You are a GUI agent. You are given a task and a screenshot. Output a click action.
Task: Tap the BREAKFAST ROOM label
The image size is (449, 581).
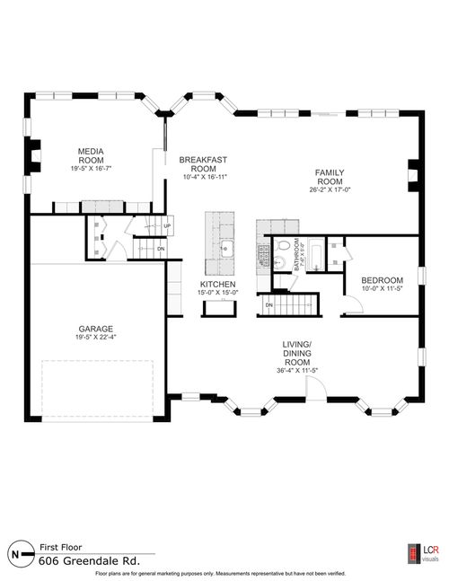(198, 164)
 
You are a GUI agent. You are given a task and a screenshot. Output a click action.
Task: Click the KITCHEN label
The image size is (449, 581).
(216, 286)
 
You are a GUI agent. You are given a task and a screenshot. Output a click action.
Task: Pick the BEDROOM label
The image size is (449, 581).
(383, 279)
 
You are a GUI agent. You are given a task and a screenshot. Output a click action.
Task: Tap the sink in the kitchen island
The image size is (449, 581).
(225, 249)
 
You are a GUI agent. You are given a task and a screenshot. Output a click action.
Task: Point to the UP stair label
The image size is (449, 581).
(167, 225)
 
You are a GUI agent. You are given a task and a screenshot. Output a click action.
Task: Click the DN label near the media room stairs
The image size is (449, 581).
(161, 248)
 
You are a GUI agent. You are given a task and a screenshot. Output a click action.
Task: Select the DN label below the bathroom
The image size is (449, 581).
(269, 305)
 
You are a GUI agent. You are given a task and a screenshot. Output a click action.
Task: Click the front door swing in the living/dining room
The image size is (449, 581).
(314, 388)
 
